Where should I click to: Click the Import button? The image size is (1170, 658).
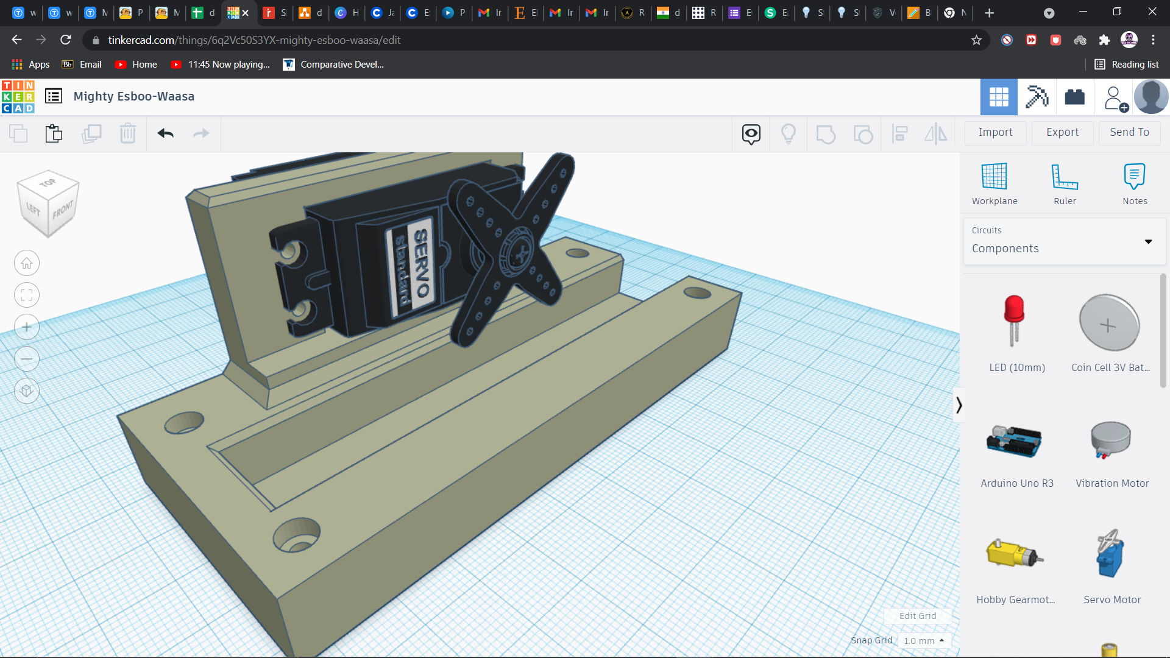pos(995,132)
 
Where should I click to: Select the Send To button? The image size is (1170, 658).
pos(1129,132)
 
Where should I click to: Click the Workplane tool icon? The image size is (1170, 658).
pos(994,177)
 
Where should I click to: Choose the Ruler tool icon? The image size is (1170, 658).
pos(1065,177)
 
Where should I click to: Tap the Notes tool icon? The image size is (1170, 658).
pos(1134,177)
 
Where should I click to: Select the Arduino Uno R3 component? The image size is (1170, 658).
pos(1014,442)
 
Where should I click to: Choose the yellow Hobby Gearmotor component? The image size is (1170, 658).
pos(1014,553)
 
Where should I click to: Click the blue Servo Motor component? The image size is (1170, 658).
pos(1110,553)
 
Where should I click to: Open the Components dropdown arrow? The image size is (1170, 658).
pos(1148,242)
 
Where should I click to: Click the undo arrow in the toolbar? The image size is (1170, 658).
pos(165,133)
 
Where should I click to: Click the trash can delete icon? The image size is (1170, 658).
pos(128,133)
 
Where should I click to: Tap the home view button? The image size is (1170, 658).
pos(27,263)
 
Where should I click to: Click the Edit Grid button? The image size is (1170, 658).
pos(917,616)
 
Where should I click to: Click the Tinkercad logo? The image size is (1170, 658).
pos(18,97)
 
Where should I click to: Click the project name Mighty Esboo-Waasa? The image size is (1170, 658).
pos(134,96)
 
